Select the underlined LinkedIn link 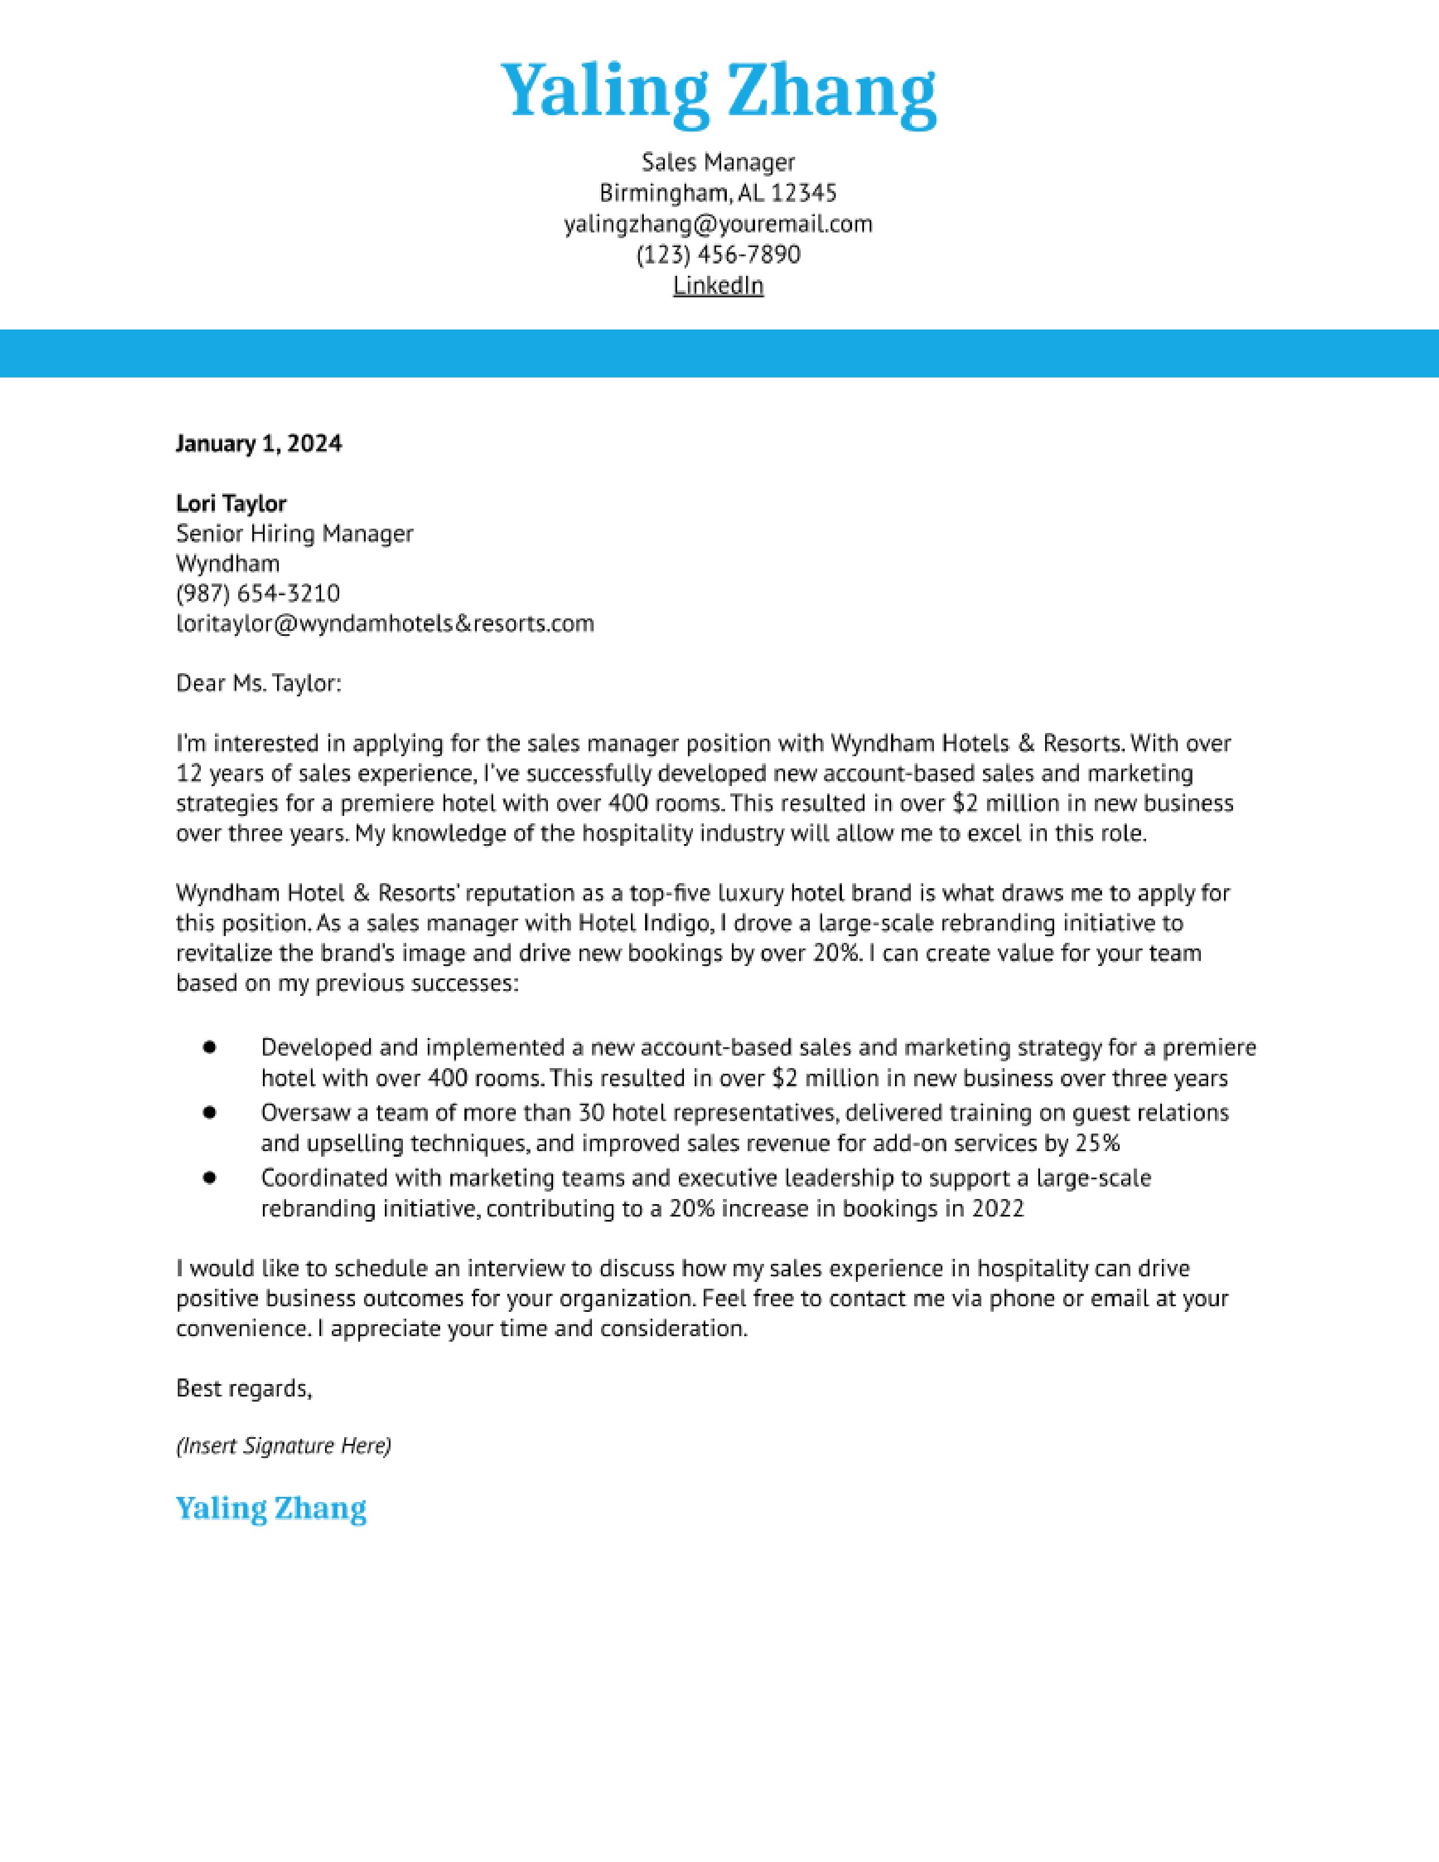tap(718, 286)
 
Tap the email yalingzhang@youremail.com tap(718, 224)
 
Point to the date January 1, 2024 tap(258, 443)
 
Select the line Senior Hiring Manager tap(294, 534)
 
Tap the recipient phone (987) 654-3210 tap(257, 594)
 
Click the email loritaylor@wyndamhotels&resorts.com tap(384, 623)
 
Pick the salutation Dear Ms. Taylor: tap(258, 683)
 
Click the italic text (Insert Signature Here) tap(283, 1446)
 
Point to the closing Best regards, tap(244, 1389)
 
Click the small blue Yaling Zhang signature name tap(271, 1508)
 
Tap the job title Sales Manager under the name tap(718, 162)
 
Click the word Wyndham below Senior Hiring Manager tap(227, 564)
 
